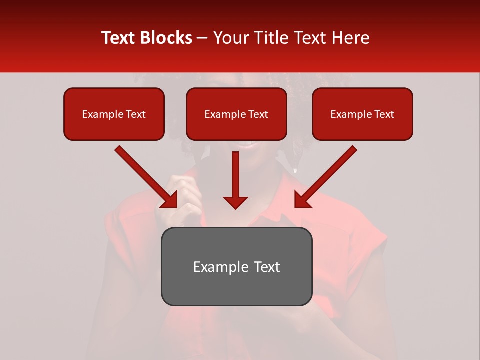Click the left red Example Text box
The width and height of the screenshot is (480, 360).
[114, 114]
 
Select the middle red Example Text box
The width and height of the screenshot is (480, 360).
[236, 114]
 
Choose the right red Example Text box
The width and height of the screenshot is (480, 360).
[362, 114]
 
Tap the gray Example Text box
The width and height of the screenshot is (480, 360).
[236, 266]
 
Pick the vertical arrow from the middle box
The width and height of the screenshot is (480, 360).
[236, 175]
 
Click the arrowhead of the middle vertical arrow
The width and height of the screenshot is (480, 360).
[236, 202]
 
